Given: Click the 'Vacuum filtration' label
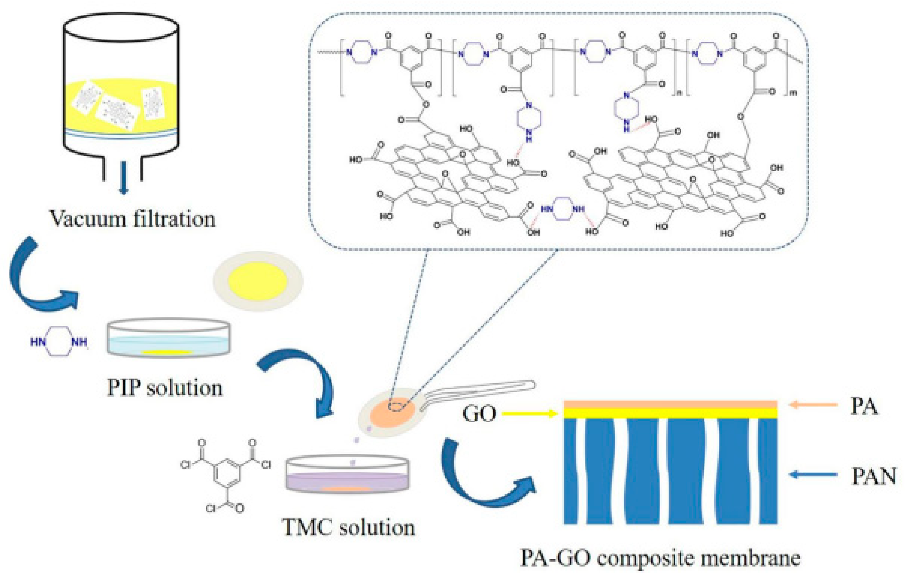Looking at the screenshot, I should pos(133,219).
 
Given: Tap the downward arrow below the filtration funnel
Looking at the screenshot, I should pos(123,177).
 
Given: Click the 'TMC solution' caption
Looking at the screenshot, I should pos(348,527).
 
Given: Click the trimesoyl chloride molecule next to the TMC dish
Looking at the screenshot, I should pos(226,474).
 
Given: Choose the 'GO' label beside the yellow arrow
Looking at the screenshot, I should pos(479,414).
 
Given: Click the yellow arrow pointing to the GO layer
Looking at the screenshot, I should pos(530,414).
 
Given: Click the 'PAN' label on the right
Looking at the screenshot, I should pos(873,476).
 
